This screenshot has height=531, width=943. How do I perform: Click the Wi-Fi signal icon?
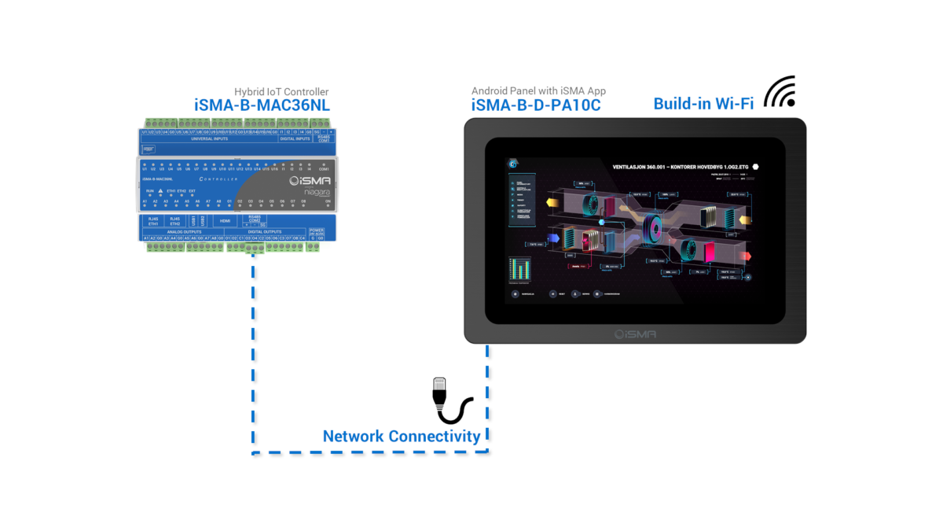coord(781,92)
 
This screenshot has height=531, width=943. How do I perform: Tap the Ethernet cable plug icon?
coord(450,400)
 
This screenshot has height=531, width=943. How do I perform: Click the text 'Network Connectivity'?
coord(402,436)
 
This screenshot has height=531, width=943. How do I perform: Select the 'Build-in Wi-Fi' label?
coord(703,103)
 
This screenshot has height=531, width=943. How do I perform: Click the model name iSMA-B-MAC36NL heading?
coord(262,105)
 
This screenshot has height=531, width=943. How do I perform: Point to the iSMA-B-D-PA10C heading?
coord(536,105)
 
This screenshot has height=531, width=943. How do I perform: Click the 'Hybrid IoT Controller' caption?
coord(281,92)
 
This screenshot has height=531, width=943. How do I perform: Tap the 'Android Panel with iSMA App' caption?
coord(538,91)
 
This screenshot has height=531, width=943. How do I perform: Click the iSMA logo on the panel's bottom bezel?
coord(635,334)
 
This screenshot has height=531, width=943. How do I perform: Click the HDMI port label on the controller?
coord(224,222)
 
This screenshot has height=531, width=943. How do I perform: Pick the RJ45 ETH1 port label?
coord(153,221)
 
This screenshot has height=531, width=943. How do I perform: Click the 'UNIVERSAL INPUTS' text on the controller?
coord(209,138)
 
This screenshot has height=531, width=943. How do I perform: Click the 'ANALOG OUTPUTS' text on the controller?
coord(185,231)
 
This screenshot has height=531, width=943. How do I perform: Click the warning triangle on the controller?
coord(160,191)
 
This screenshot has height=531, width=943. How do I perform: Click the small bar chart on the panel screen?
coord(519,270)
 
